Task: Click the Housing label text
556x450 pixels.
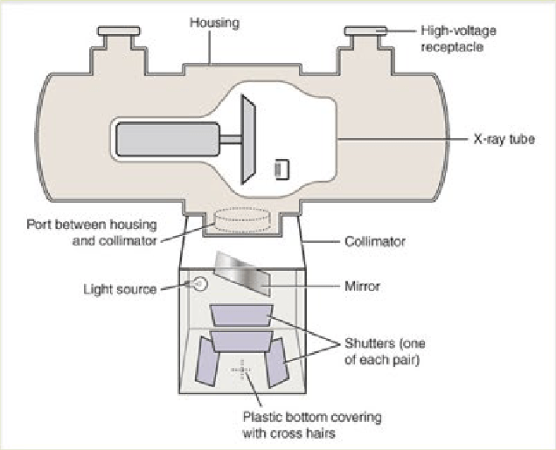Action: [214, 23]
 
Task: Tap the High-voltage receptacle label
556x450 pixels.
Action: [458, 38]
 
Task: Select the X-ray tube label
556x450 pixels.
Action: [504, 139]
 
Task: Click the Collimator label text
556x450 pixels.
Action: [375, 242]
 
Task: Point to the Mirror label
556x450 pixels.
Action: [362, 286]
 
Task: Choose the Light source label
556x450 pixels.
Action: [120, 289]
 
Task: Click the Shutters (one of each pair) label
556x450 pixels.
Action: [385, 351]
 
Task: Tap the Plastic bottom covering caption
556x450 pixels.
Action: [312, 426]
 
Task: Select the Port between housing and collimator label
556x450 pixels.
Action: [92, 232]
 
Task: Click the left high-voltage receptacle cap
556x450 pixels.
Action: [119, 31]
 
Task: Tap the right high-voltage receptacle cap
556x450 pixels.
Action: [365, 31]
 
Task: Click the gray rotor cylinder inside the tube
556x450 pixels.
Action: [168, 139]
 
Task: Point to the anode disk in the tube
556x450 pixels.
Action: [248, 139]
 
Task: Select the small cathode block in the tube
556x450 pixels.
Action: [282, 170]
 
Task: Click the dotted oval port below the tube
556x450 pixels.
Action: [243, 220]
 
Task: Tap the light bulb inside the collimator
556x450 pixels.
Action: [199, 284]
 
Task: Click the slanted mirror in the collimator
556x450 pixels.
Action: [243, 273]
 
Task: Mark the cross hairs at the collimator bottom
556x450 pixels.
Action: [242, 370]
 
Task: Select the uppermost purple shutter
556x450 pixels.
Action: [241, 315]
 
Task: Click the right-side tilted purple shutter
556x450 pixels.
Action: [277, 363]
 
